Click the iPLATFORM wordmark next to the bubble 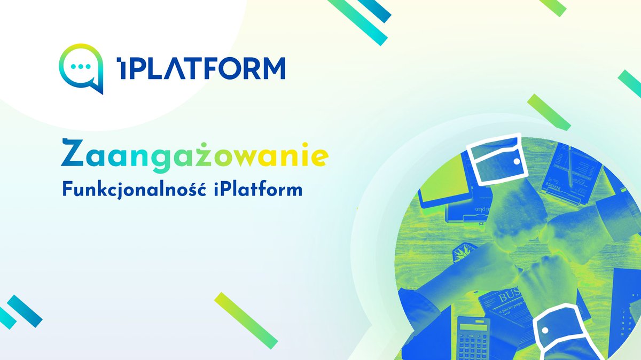coord(201,68)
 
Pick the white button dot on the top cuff coord(516,160)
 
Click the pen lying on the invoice coord(571,166)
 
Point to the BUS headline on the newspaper coord(510,297)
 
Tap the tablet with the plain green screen coord(443,182)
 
